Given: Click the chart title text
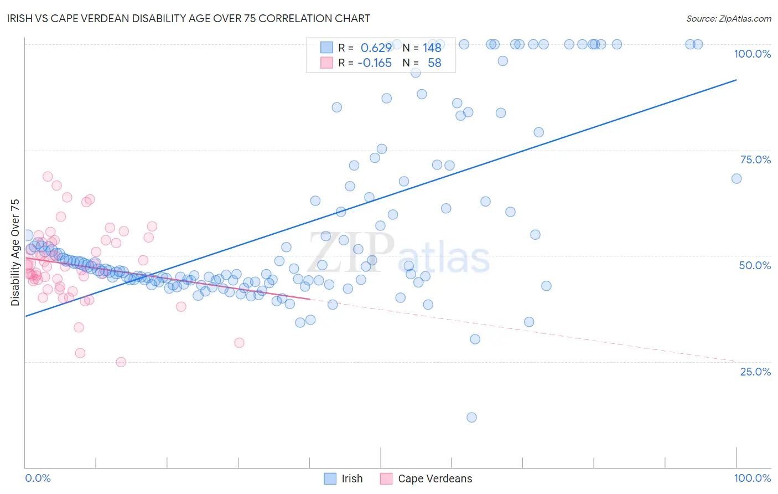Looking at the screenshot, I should coord(189,18).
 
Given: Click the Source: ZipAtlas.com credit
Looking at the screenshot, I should coord(728,18).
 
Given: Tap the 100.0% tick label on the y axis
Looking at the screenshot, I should coord(752,54).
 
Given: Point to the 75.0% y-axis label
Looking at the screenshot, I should coord(755,159).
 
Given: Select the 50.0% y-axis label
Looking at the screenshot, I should coord(755,265).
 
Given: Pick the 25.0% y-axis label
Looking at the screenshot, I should coord(755,372).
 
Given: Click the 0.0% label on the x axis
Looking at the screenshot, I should coord(38,478).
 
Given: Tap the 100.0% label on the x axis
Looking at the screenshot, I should coord(752,478).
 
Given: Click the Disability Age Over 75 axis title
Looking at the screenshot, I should coord(15,253).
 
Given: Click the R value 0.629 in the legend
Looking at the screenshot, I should coord(376,48).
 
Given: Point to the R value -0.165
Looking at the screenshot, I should coord(375,63).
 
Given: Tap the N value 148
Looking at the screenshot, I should coord(432,48).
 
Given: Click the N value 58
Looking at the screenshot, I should coord(434,63).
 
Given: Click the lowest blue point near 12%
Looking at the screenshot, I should coord(471,418).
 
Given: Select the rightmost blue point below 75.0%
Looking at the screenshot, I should coord(736,178).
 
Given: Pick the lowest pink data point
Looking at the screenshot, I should coord(121,362).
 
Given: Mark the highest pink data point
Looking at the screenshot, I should coord(48,177).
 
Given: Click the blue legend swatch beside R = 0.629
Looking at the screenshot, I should coord(326,48).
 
